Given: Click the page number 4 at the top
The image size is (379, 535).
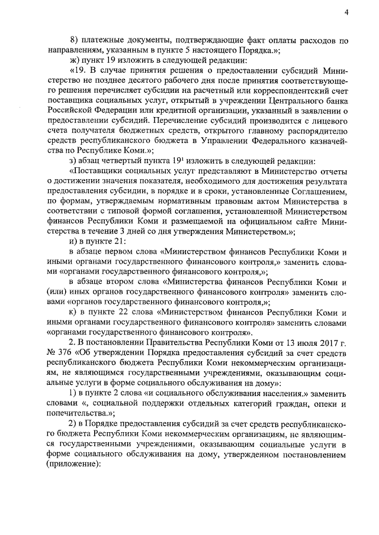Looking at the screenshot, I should click(346, 12).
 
